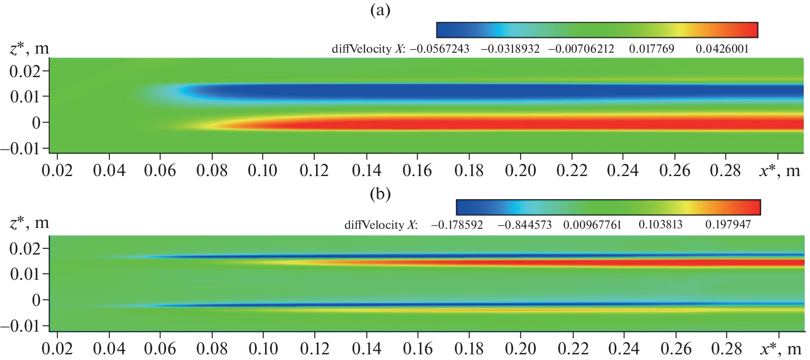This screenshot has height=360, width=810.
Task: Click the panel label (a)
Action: pos(380,10)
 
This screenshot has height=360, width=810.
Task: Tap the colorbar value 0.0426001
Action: pos(722,49)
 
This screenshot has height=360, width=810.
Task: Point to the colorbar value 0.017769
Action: pos(651,49)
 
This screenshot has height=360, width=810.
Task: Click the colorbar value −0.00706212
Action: pos(581,49)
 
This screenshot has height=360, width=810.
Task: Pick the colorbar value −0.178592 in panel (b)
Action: pos(457,225)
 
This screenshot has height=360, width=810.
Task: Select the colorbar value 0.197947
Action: pos(728,225)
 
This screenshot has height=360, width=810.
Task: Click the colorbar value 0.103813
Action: pos(660,225)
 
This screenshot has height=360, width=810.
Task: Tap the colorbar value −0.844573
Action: pos(524,225)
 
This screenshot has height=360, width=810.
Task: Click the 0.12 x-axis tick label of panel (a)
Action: pos(315,170)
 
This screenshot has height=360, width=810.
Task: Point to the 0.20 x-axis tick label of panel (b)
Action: pos(521,349)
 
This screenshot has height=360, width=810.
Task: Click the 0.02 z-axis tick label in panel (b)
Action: pos(25,248)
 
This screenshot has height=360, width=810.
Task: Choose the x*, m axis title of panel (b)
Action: pos(779,349)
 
